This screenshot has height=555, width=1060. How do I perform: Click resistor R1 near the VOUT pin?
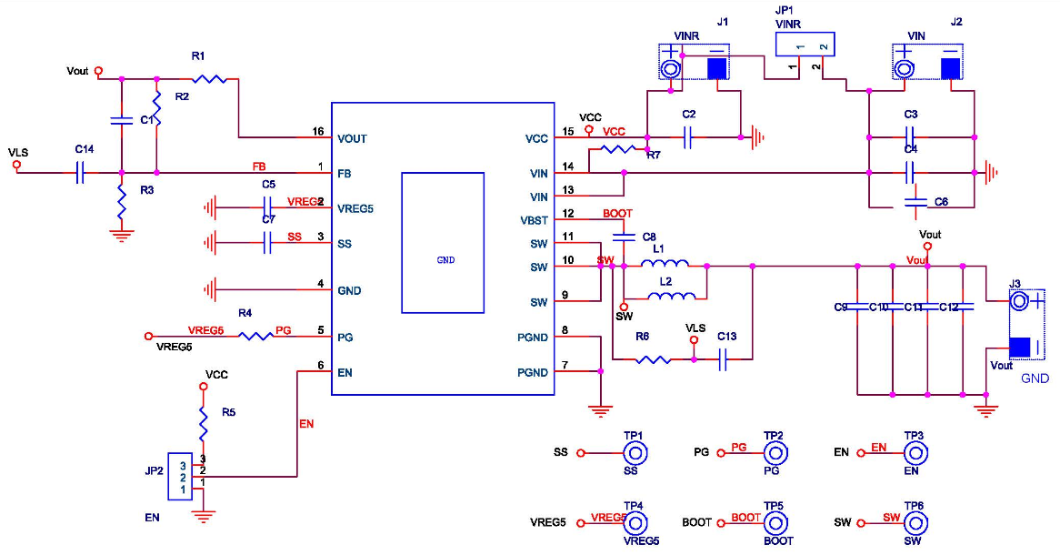(x=208, y=78)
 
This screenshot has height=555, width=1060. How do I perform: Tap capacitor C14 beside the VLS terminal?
(x=81, y=172)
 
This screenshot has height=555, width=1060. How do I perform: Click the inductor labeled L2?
(x=673, y=295)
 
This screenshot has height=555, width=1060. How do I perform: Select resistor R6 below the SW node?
(x=654, y=359)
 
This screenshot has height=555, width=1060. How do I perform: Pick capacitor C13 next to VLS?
(x=724, y=359)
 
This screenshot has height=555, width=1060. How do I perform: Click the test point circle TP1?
(x=634, y=452)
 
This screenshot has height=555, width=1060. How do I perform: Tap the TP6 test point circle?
(x=914, y=523)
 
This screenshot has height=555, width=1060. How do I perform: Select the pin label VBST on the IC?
(x=534, y=220)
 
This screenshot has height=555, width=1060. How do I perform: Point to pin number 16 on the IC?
(x=318, y=132)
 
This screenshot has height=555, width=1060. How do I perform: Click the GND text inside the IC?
(x=445, y=260)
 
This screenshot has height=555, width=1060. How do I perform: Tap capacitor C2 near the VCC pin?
(x=688, y=137)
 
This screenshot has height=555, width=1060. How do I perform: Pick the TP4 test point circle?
(x=634, y=523)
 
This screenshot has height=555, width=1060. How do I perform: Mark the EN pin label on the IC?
(x=345, y=372)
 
